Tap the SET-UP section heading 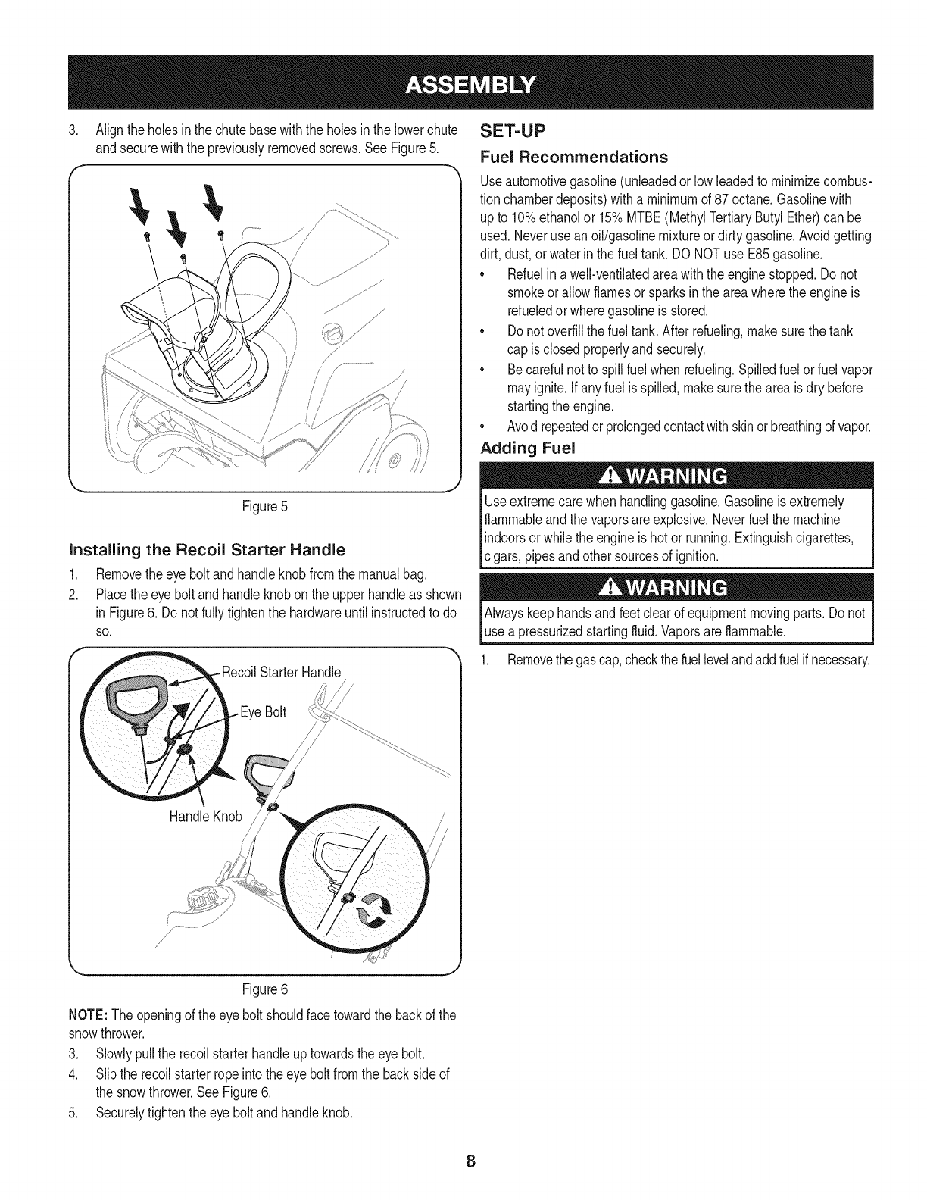pyautogui.click(x=512, y=133)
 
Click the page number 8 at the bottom pyautogui.click(x=470, y=1161)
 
